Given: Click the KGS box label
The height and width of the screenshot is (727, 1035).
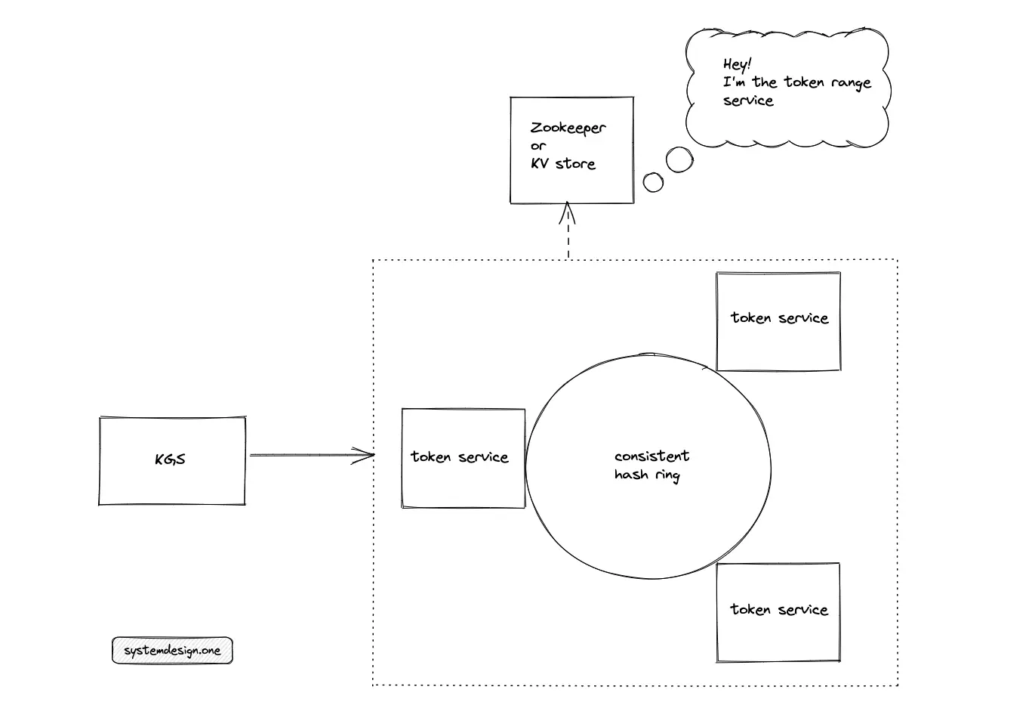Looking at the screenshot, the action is click(170, 459).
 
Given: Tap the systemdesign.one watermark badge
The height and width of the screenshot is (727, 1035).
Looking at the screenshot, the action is click(172, 650).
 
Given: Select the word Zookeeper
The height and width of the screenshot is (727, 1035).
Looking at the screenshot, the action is click(568, 128).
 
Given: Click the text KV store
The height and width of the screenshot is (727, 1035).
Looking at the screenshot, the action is click(563, 163).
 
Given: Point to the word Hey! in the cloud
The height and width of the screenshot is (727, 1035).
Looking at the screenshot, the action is click(738, 63).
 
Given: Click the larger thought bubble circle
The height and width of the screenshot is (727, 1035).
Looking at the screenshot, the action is click(679, 159).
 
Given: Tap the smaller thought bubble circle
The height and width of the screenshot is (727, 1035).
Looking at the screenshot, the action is click(653, 182).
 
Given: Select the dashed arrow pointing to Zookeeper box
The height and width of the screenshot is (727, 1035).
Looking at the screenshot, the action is click(568, 230).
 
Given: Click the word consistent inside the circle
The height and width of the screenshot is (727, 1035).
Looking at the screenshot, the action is click(652, 456).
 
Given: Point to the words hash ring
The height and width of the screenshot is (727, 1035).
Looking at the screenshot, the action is click(647, 475).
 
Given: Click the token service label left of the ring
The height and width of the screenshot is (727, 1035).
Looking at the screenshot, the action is click(460, 457).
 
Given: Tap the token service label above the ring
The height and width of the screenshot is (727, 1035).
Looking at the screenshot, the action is click(780, 317).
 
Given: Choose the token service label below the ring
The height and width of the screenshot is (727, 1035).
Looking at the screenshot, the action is click(779, 610).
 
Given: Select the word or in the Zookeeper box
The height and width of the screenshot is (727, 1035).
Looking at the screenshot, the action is click(538, 146).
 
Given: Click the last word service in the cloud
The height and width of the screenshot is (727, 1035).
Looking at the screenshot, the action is click(748, 101).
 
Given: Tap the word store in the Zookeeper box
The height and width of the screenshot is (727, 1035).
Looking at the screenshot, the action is click(575, 163).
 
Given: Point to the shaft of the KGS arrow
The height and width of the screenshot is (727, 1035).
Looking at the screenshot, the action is click(312, 455).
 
